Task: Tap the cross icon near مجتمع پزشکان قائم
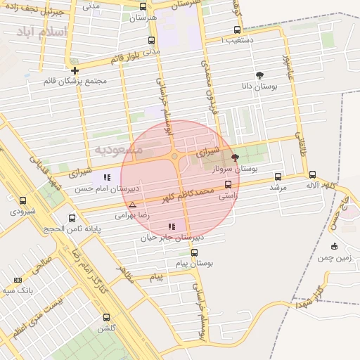(75, 70)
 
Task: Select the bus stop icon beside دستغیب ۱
(237, 30)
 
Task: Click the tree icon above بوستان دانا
(260, 75)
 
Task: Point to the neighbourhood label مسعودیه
(118, 150)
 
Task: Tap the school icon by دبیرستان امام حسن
(107, 178)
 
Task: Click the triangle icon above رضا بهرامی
(132, 205)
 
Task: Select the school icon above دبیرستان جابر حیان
(172, 226)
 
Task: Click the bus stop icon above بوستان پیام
(195, 252)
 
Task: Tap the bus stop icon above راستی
(227, 185)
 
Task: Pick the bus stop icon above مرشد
(278, 177)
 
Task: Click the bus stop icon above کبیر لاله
(312, 174)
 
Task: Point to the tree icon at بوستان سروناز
(234, 158)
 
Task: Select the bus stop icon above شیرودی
(23, 200)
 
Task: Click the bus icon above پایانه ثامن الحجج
(72, 218)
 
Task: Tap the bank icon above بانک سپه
(18, 280)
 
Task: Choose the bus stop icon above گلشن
(107, 317)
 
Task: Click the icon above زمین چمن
(334, 246)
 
